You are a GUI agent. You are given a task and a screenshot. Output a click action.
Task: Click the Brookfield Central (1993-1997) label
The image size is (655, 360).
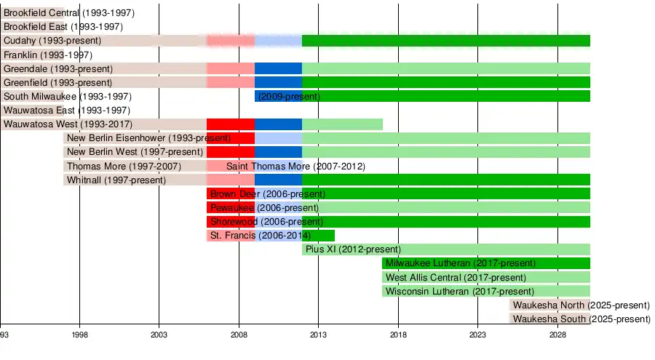coord(68,13)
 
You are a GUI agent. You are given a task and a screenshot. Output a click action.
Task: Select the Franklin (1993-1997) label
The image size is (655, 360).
coord(48,55)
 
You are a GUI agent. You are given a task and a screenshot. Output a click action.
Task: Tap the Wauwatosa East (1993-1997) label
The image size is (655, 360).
coord(67,110)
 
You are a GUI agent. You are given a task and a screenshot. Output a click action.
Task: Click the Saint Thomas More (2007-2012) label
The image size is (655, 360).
coord(295,167)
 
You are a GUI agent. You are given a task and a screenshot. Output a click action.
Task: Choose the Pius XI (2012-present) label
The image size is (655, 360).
coord(353,249)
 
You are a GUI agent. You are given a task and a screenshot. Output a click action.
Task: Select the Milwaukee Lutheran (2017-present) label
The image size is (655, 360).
coord(461,263)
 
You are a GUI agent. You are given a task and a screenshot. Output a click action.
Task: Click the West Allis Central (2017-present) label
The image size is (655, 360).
coord(456,277)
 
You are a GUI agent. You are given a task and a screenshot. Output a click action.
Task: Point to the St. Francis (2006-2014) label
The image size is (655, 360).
coord(260,236)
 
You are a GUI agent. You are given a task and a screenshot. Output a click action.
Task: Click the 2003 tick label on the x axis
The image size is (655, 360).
coord(159,335)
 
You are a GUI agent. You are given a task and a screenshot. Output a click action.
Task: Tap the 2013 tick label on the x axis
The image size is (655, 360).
coord(318,335)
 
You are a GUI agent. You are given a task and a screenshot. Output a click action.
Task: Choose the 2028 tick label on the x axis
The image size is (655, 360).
coord(557,335)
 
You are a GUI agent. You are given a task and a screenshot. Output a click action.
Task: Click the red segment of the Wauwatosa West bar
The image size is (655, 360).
coord(230,124)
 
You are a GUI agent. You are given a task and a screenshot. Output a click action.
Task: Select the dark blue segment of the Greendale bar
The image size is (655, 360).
coord(278,68)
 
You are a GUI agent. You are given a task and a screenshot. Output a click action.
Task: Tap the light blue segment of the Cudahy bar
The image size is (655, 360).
coord(278,41)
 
